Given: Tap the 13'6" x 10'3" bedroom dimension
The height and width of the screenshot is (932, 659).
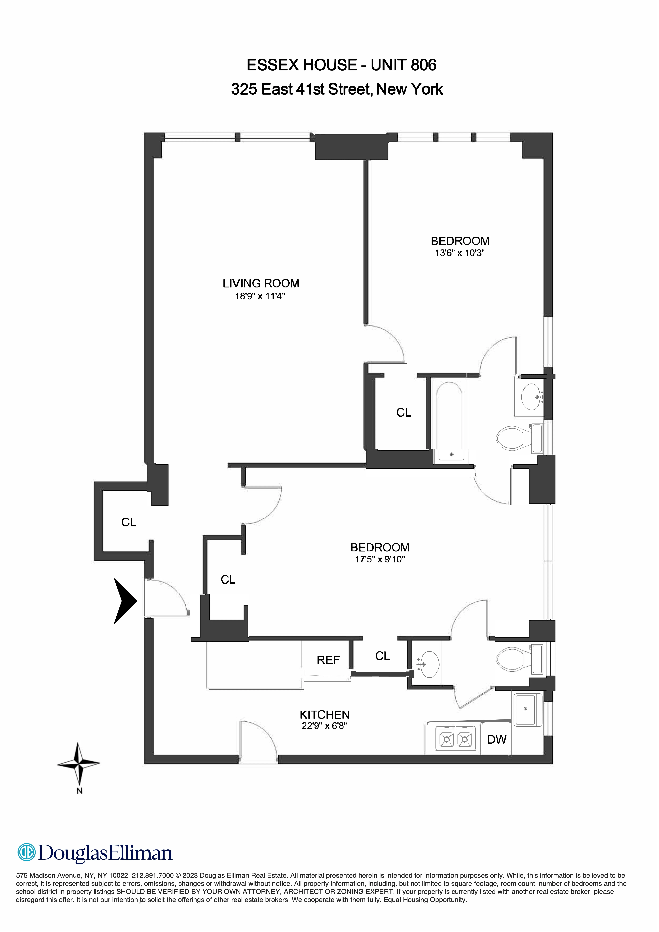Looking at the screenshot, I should point(460,253).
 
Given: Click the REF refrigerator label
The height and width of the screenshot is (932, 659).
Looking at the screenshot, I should point(328,660).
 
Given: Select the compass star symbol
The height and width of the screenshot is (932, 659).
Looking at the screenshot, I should point(78,764).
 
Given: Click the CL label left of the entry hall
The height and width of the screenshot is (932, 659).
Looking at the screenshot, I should point(129,522).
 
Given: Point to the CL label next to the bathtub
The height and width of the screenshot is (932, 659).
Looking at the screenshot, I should point(404,412).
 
